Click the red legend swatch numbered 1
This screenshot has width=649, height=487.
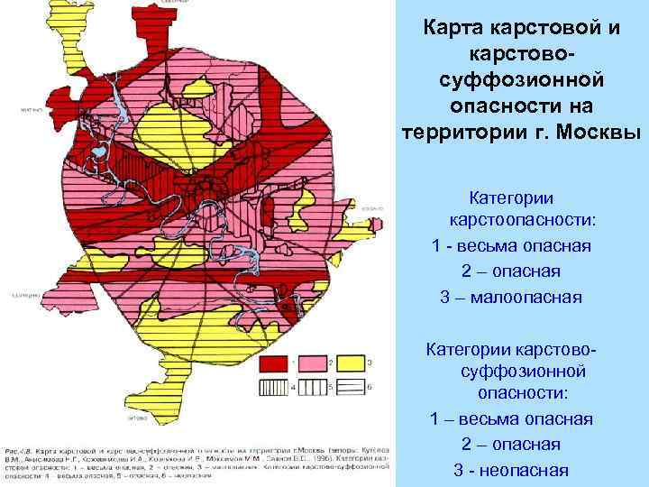click(270, 363)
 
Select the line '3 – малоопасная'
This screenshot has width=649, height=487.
click(511, 297)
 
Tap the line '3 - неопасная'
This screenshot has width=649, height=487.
click(511, 470)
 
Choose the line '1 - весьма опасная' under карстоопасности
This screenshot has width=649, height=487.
click(511, 246)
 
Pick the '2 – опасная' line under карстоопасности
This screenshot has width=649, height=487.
click(511, 271)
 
